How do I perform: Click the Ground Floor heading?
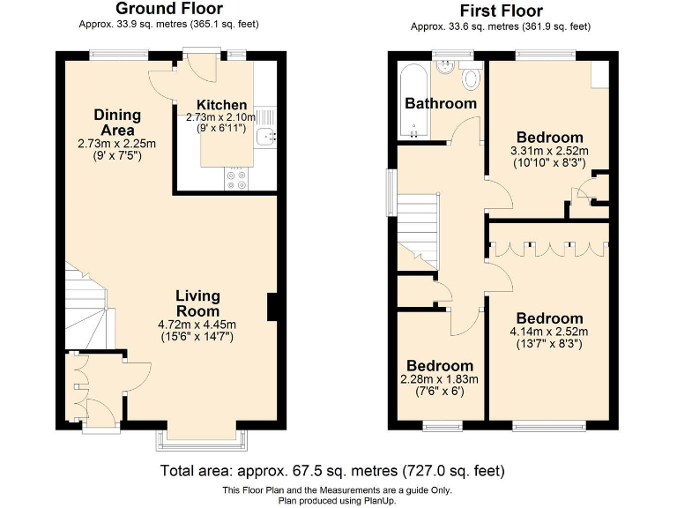click(168, 9)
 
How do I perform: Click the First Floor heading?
click(501, 11)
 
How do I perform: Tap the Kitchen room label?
click(221, 105)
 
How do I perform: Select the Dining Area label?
click(117, 123)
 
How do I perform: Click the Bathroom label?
click(440, 103)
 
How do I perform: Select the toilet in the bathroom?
click(471, 79)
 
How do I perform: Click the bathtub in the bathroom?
click(411, 101)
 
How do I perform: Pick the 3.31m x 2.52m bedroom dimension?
click(550, 151)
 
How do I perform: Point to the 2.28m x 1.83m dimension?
click(440, 379)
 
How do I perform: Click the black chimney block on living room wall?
click(272, 306)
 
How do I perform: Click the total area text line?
click(332, 470)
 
